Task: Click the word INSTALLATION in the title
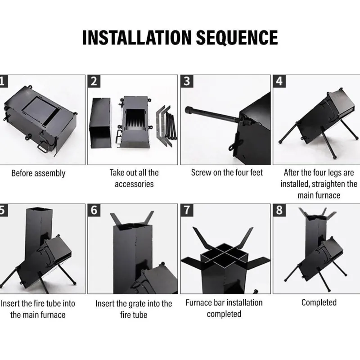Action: pos(137,37)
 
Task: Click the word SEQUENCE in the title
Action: pos(237,37)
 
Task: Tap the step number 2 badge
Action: pos(94,81)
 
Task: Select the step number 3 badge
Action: pos(187,81)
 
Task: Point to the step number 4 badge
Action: pos(279,81)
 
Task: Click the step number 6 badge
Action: pos(94,210)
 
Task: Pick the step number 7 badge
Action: pos(187,210)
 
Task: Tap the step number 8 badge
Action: pos(279,210)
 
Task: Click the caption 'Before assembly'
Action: pos(38,173)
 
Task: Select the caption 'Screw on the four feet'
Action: pos(227,173)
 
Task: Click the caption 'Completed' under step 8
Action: pos(319,302)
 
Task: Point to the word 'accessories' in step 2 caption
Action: pos(134,184)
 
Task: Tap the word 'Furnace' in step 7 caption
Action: pos(198,303)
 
